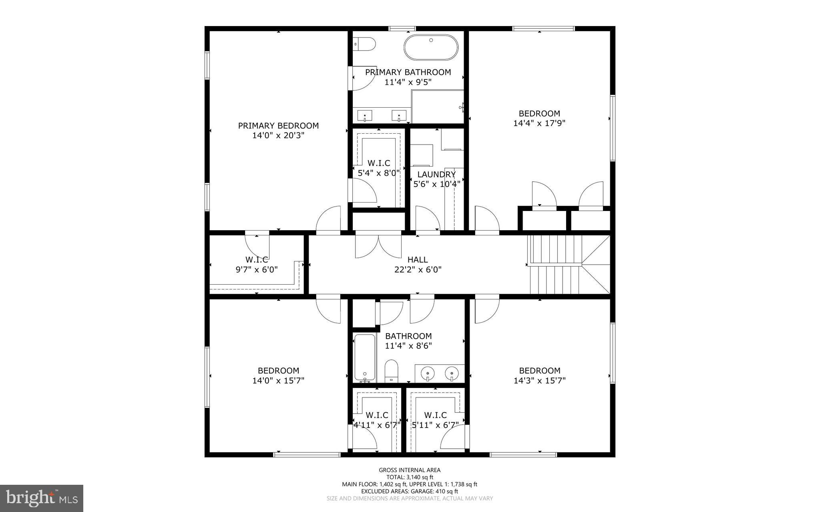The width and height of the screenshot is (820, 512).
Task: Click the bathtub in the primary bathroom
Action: [431, 48]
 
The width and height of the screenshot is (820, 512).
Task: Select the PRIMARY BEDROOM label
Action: [278, 126]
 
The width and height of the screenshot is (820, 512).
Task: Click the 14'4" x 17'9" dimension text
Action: [539, 123]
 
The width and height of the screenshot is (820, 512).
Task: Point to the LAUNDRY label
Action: [436, 175]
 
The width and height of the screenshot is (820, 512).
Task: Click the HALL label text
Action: [418, 260]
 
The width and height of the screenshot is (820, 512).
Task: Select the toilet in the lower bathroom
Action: [391, 370]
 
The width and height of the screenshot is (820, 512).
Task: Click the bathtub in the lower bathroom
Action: [365, 357]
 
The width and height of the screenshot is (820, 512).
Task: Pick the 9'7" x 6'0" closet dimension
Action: [257, 270]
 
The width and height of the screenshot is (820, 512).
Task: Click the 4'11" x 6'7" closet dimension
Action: [377, 425]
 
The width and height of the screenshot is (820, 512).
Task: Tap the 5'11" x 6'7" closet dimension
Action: [436, 425]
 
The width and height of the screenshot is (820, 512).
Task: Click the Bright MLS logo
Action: [42, 498]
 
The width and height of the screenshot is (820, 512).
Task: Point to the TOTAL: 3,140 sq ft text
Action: [410, 477]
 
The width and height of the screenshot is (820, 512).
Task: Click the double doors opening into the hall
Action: [378, 245]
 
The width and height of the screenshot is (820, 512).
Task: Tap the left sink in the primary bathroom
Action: [365, 116]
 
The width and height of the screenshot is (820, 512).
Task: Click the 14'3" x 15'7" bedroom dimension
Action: [539, 380]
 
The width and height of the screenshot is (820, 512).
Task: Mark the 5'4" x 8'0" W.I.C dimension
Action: [379, 173]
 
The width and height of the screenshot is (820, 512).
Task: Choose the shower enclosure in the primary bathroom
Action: [437, 106]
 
